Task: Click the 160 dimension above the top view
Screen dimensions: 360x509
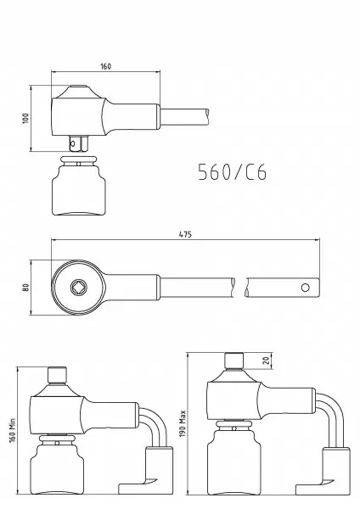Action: tap(105, 66)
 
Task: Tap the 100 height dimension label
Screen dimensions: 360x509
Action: tap(25, 118)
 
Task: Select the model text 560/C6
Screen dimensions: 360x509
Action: tap(233, 171)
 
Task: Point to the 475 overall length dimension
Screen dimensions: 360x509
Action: tap(185, 234)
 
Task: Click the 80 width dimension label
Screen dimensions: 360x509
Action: tap(26, 288)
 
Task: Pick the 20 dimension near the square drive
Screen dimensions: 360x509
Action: tap(266, 361)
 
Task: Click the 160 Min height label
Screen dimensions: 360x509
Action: tap(13, 430)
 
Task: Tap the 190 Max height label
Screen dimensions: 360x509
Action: tap(183, 423)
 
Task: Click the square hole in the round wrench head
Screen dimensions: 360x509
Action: tap(79, 287)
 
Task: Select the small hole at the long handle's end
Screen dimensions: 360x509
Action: tap(305, 288)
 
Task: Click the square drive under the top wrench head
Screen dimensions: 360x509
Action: tap(79, 143)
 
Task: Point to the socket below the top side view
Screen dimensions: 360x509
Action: tap(79, 186)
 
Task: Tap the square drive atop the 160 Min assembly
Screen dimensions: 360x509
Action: tap(57, 375)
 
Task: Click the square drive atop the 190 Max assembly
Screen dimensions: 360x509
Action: tap(234, 361)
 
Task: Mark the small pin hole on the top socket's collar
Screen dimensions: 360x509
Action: tap(79, 164)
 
